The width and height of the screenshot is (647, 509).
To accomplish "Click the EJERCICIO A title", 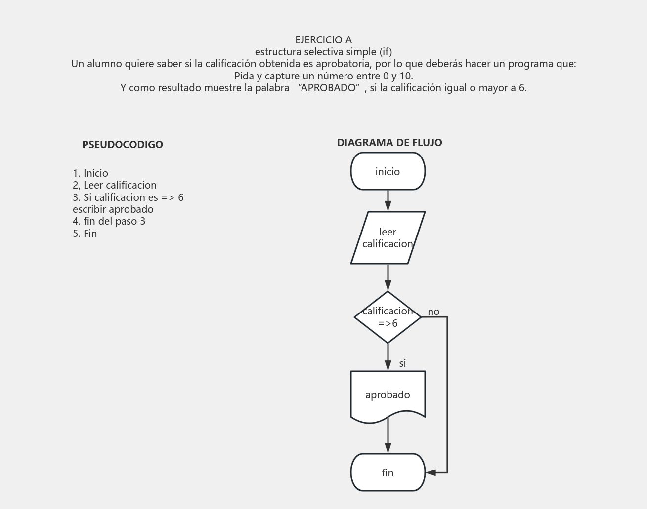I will point(323,39).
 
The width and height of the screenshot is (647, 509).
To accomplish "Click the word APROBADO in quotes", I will point(329,88).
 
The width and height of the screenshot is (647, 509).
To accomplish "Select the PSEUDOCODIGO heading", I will point(123,145).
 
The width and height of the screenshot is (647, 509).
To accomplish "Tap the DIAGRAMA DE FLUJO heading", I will point(389,143).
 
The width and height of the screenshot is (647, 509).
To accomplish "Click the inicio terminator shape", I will point(388,171).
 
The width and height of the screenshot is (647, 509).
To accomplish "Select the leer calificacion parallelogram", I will point(388,237).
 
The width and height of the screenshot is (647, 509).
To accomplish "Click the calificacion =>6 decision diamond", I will point(388,317).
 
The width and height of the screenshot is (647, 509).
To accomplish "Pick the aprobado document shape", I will point(388,395).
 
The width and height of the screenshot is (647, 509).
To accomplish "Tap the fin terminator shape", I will point(388,472).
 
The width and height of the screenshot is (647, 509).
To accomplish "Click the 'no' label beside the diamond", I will point(433,312).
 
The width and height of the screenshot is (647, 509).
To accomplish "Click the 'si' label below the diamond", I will point(402,363).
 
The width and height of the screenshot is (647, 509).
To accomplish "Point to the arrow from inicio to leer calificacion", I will point(388,200).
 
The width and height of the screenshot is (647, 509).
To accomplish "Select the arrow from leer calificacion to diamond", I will point(388,277).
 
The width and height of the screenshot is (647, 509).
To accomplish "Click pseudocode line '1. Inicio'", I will point(90,173).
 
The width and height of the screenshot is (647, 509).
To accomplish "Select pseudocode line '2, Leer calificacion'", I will point(115,185).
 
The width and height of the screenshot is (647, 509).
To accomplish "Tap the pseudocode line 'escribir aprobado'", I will point(113,209).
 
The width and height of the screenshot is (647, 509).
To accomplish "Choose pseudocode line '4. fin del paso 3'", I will point(109,221).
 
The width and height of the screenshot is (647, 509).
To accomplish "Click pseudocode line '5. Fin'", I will point(85,234).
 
